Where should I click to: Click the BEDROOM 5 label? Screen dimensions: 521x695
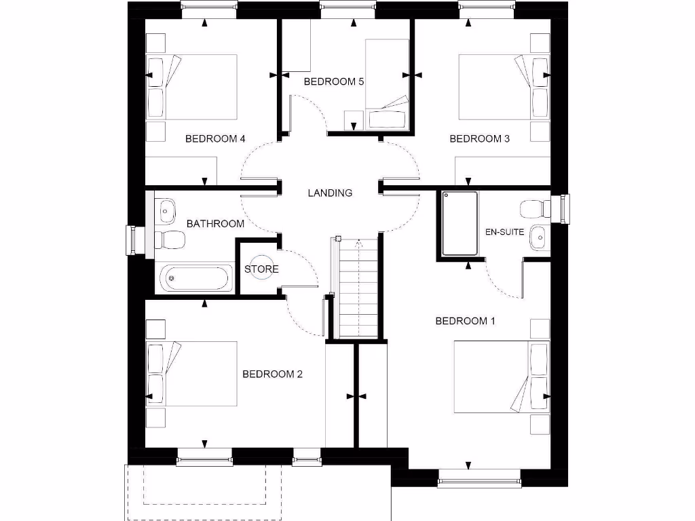pos(334,82)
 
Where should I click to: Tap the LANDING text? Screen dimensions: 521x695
pos(330,193)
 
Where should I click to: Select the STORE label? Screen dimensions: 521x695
pos(261,269)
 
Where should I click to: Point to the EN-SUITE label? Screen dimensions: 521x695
pos(504,232)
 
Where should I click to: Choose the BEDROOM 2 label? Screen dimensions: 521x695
pos(272,374)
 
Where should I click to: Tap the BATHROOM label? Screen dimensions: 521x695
pos(215,223)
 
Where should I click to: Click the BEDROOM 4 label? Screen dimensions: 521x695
pos(215,139)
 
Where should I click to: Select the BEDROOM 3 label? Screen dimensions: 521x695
pos(480,139)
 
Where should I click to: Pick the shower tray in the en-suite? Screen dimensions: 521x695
pos(460,224)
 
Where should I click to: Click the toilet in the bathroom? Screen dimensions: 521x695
pos(170,239)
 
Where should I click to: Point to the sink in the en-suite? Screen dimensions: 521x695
pos(538,235)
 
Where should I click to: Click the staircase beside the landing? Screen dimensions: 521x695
pos(356,288)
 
